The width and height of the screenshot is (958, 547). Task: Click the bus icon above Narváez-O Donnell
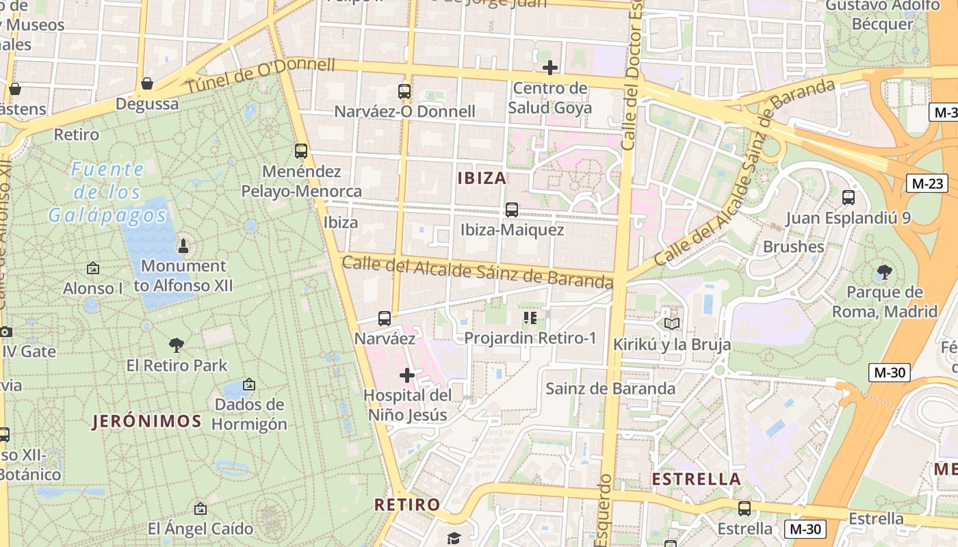click(404, 91)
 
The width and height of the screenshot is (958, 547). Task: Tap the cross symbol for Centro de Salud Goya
click(549, 68)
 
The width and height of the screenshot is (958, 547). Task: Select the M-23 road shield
click(928, 183)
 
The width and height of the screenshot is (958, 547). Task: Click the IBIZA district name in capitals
click(482, 178)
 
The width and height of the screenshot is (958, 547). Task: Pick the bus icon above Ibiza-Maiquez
click(512, 210)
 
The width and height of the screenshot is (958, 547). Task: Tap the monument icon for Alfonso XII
click(183, 245)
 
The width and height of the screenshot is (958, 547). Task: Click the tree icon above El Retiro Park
click(177, 345)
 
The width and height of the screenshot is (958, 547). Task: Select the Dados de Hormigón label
click(249, 414)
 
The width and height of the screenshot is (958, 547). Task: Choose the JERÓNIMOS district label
click(147, 421)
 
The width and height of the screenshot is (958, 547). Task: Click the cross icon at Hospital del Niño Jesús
click(407, 375)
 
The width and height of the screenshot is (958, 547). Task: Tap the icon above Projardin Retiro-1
click(530, 318)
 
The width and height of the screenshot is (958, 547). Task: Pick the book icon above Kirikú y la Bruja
click(672, 323)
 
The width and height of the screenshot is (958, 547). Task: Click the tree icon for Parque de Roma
click(884, 272)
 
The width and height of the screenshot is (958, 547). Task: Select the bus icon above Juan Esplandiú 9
click(849, 198)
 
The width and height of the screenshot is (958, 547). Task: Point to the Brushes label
click(793, 247)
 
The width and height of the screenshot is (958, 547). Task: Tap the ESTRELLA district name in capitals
click(697, 479)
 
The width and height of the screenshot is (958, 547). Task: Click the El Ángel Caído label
click(200, 529)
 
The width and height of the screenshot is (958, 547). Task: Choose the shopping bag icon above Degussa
click(146, 84)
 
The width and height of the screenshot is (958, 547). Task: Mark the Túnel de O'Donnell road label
click(261, 75)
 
